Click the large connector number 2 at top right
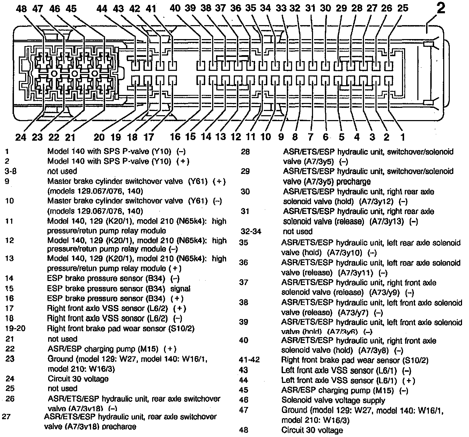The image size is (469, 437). [x=441, y=8]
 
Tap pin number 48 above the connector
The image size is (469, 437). [x=21, y=9]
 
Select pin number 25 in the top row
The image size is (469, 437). [x=403, y=8]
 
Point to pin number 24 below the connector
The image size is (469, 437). [x=21, y=137]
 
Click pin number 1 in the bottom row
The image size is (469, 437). [x=402, y=137]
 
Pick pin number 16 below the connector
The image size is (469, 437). [x=175, y=136]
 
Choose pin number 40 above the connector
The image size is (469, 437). [x=175, y=8]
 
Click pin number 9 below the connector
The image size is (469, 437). [x=281, y=137]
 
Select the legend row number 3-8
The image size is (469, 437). [x=11, y=171]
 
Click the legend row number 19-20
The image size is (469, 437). [x=15, y=328]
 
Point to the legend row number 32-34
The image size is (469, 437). [x=251, y=231]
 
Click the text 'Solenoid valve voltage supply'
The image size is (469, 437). [x=333, y=401]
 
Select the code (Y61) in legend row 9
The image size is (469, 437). [x=198, y=182]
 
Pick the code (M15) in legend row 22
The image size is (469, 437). [x=148, y=349]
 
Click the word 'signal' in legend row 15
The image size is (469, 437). [x=180, y=289]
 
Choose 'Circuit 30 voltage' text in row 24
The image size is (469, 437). [x=78, y=379]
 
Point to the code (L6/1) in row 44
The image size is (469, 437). [x=387, y=381]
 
